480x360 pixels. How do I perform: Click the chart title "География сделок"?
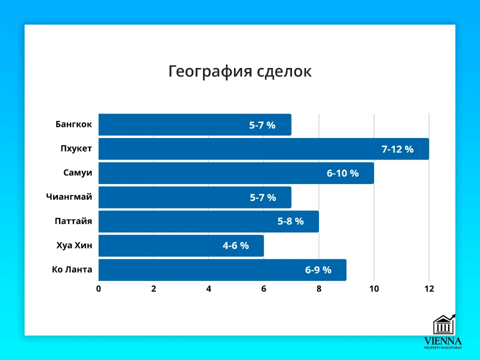pyautogui.click(x=239, y=71)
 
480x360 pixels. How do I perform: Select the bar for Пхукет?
pyautogui.click(x=240, y=149)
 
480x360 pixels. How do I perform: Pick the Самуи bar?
pyautogui.click(x=210, y=173)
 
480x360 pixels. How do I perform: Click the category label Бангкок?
pyautogui.click(x=74, y=124)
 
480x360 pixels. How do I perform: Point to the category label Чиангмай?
pyautogui.click(x=69, y=197)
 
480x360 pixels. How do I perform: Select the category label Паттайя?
pyautogui.click(x=73, y=221)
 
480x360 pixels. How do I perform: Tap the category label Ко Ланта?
pyautogui.click(x=72, y=270)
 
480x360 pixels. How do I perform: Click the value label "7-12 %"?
pyautogui.click(x=397, y=149)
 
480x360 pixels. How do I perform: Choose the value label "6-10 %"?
pyautogui.click(x=343, y=173)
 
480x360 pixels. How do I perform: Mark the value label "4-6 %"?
pyautogui.click(x=235, y=246)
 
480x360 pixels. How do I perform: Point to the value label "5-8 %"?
pyautogui.click(x=290, y=221)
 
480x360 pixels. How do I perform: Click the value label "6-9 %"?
pyautogui.click(x=318, y=270)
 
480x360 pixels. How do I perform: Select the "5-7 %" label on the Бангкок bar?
pyautogui.click(x=262, y=125)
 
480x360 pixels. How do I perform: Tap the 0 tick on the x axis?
pyautogui.click(x=98, y=288)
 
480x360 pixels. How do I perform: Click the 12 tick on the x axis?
pyautogui.click(x=428, y=288)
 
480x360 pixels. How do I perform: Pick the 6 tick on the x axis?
pyautogui.click(x=263, y=288)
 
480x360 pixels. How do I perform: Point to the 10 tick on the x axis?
pyautogui.click(x=373, y=288)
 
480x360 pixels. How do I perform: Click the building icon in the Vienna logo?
pyautogui.click(x=443, y=325)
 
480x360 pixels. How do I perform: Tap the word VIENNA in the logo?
pyautogui.click(x=443, y=340)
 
